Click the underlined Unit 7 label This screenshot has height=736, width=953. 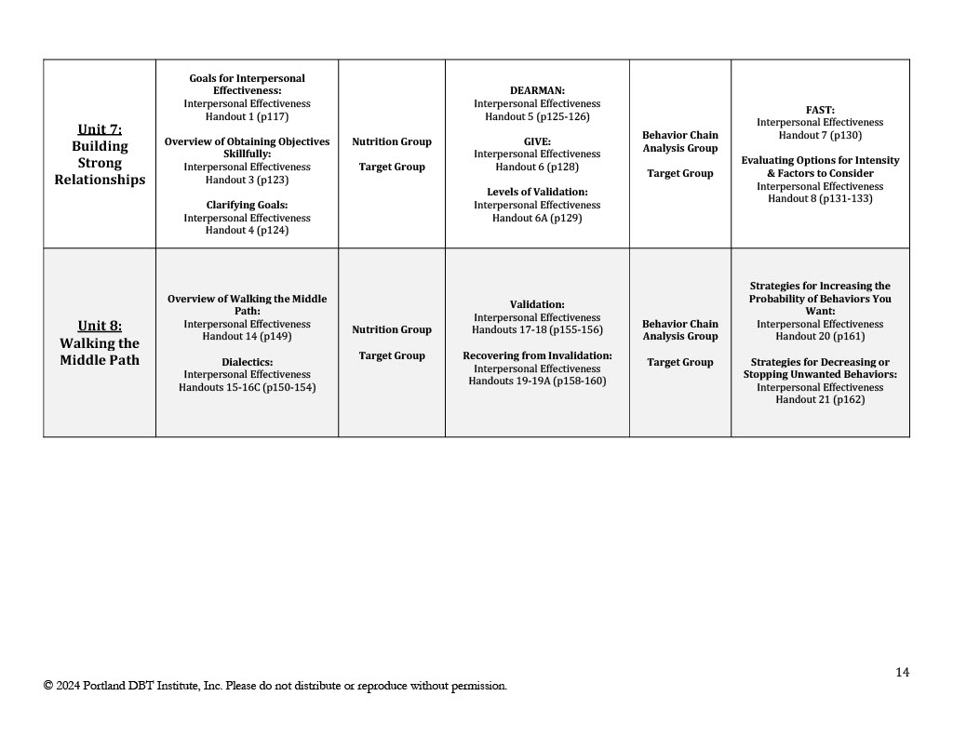100,129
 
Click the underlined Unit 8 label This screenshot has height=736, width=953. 100,326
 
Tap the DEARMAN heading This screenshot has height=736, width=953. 537,91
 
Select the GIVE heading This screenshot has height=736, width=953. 537,141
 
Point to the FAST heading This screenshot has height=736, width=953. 820,110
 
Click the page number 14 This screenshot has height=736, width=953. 902,673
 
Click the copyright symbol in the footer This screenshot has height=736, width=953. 47,687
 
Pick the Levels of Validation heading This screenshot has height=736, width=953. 537,193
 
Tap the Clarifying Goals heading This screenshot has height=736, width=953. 247,205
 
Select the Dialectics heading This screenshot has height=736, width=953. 247,362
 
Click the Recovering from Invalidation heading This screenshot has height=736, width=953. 537,355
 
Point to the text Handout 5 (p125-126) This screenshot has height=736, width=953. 537,117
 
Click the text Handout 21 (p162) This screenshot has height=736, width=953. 820,400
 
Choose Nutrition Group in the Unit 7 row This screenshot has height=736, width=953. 392,142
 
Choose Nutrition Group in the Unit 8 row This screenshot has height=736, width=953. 392,329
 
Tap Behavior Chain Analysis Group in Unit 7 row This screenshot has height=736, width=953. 680,141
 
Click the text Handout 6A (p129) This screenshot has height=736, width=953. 537,218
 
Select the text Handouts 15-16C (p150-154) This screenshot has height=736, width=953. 247,388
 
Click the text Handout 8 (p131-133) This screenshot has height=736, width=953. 820,199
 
